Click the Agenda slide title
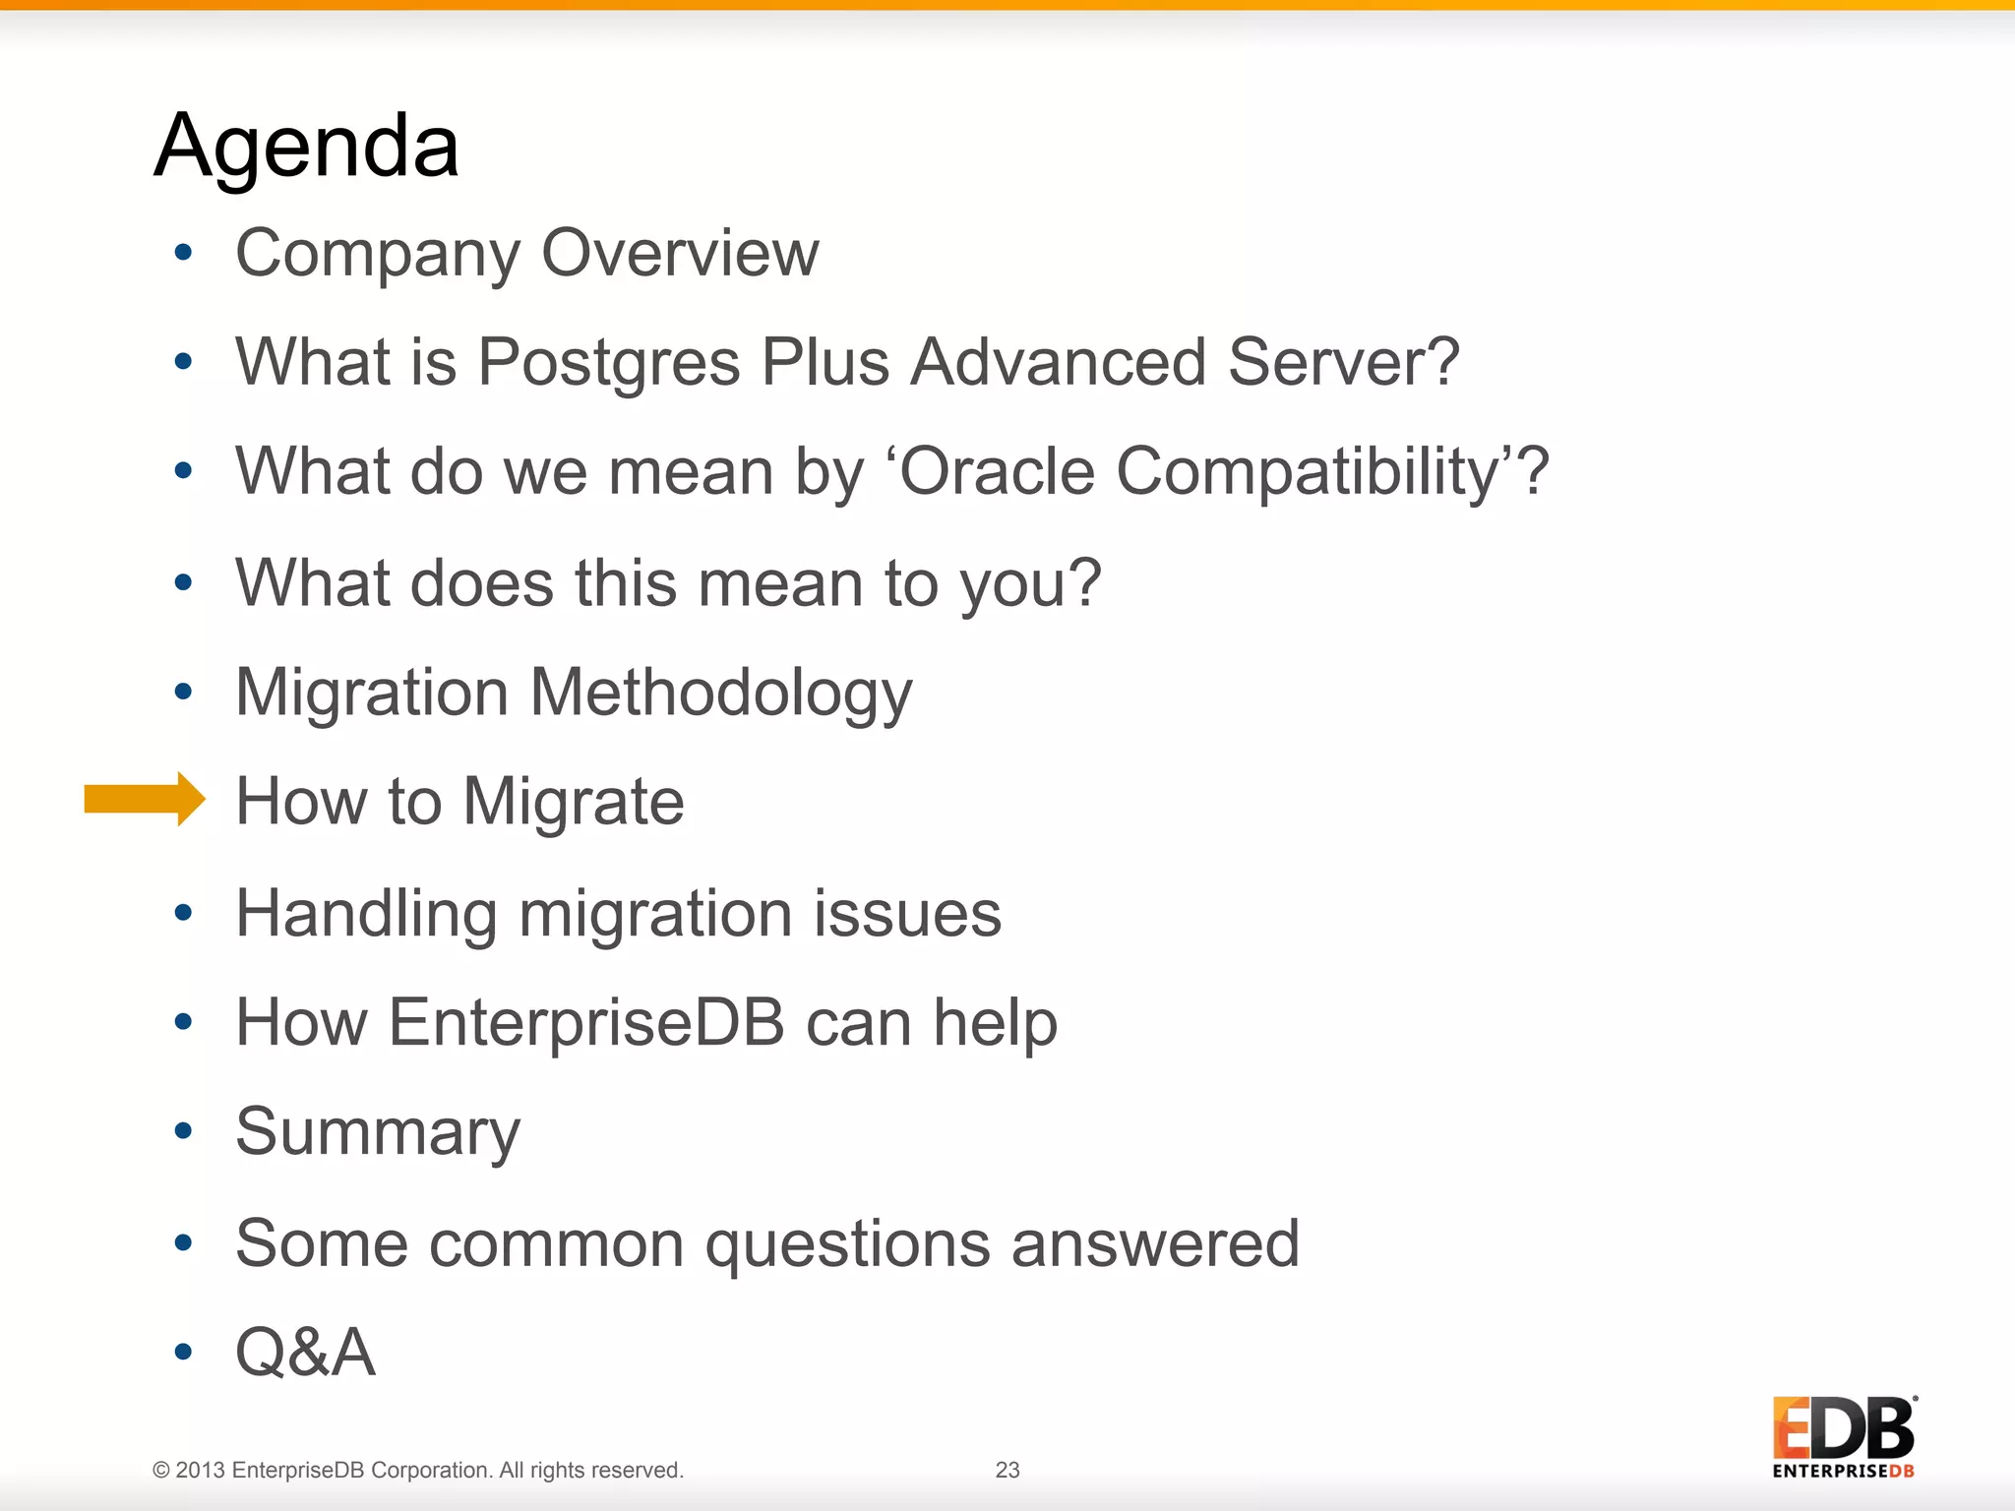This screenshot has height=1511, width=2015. (306, 146)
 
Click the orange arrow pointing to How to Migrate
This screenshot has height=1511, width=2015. (144, 799)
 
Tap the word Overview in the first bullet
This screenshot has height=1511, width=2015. (680, 253)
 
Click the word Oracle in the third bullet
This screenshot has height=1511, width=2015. (996, 471)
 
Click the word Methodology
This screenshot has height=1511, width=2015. (721, 694)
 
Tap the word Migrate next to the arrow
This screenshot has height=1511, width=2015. (573, 802)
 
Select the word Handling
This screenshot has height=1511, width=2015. (366, 914)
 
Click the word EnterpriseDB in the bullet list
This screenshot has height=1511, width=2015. (586, 1022)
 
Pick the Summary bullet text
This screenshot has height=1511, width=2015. (378, 1132)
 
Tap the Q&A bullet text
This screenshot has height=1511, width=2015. (305, 1353)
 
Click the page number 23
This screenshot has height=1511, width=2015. (1007, 1470)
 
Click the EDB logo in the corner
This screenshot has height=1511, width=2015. (1843, 1436)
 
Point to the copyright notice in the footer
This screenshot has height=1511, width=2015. (417, 1470)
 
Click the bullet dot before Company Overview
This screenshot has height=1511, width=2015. (183, 253)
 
